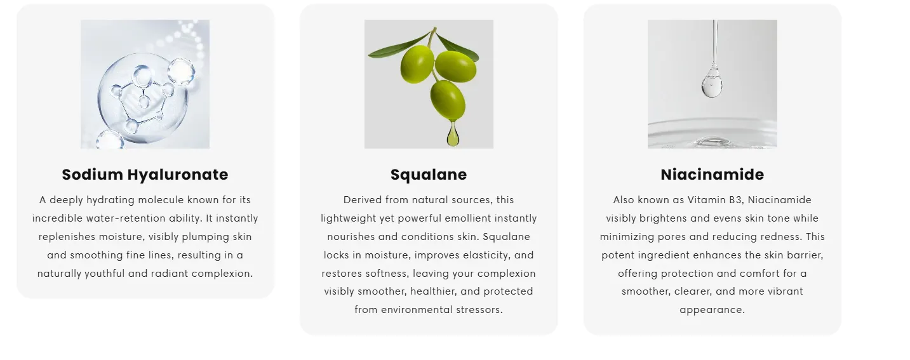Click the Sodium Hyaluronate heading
pos(145,175)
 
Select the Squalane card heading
pos(429,175)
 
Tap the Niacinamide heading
pos(712,175)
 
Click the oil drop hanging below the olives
pos(453,134)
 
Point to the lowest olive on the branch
pos(448,100)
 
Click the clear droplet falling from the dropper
pos(712,83)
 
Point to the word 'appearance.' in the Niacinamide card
pos(712,310)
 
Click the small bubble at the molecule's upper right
pos(181,71)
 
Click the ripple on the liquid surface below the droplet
pos(712,140)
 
